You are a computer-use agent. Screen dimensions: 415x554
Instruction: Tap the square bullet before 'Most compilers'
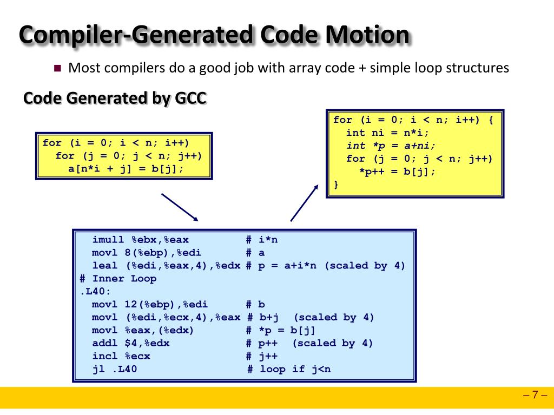point(58,69)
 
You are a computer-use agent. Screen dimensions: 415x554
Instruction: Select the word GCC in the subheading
point(190,98)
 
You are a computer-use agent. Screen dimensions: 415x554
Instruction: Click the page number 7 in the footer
point(535,394)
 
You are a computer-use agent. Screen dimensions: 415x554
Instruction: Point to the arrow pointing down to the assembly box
point(180,207)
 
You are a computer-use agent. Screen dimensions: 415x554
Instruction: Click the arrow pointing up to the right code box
point(305,202)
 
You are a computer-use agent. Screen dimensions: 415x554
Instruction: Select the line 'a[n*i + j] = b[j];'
point(126,169)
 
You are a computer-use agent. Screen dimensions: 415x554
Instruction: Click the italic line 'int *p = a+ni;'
point(391,146)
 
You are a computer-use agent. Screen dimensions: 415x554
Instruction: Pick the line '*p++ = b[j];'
point(397,172)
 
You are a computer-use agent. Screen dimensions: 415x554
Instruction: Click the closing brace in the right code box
point(336,185)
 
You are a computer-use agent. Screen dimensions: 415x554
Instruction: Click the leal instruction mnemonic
point(105,266)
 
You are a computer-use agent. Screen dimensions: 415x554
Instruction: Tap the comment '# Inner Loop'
point(118,279)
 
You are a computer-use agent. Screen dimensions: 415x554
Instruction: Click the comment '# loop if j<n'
point(288,370)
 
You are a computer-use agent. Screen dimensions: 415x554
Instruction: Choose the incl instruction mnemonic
point(105,357)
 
